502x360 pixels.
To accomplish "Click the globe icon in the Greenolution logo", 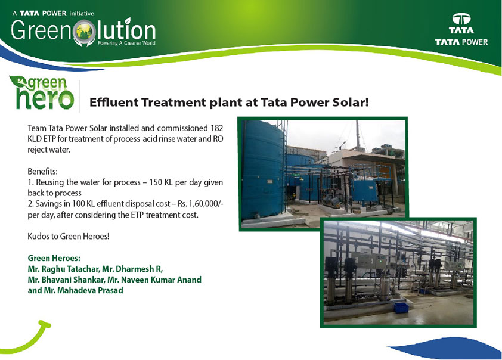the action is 84,32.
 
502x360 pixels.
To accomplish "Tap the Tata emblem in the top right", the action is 461,19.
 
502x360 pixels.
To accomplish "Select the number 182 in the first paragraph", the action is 217,128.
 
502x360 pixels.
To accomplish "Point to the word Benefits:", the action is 42,171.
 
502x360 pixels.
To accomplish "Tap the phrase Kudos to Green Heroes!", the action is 69,237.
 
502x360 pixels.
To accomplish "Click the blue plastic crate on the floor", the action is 401,308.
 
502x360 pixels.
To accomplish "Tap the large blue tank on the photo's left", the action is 262,170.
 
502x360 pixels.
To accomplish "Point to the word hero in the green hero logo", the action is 45,98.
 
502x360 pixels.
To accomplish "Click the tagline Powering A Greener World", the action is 126,43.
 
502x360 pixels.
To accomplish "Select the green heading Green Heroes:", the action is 54,258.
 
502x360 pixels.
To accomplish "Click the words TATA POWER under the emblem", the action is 461,42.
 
